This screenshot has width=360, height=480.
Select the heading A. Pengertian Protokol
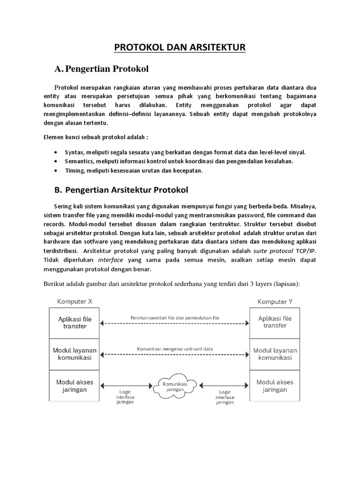point(101,69)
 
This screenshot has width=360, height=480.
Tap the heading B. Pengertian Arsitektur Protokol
point(121,190)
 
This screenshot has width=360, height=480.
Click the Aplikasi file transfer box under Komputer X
point(75,322)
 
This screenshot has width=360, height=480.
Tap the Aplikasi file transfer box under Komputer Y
point(275,322)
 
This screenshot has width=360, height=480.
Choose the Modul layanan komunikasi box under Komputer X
point(75,354)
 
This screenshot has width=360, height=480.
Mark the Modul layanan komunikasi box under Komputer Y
point(275,354)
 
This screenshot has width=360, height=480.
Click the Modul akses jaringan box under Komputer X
point(75,386)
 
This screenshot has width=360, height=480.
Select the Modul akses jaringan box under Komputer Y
point(275,386)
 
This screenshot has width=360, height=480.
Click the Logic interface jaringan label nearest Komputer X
point(125,397)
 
